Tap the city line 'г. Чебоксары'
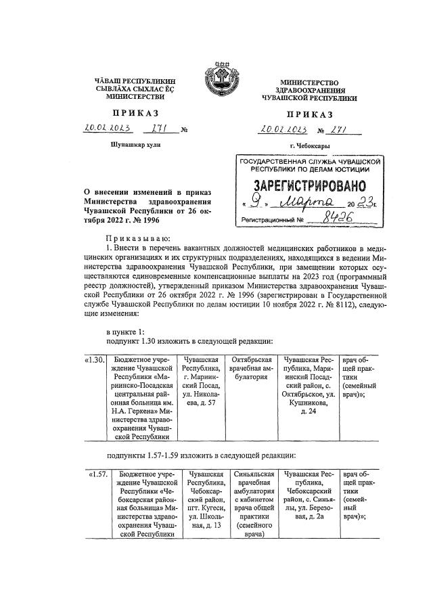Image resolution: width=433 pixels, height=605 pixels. click(309, 146)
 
